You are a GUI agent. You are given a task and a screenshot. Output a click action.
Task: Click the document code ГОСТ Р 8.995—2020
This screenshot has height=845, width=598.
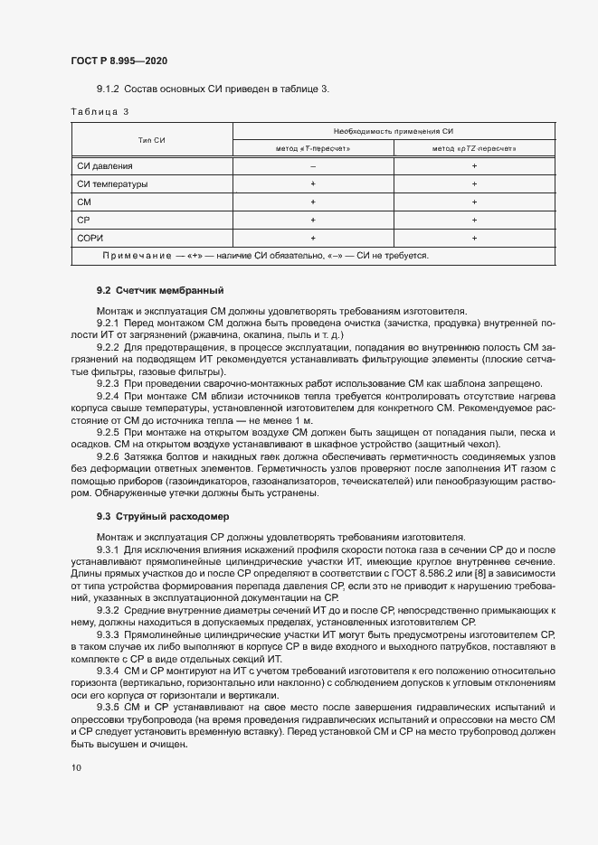pyautogui.click(x=119, y=61)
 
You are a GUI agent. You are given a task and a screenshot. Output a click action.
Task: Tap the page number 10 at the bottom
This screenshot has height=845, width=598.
pyautogui.click(x=75, y=768)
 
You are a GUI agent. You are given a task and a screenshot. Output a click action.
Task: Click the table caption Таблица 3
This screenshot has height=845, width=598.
pyautogui.click(x=100, y=111)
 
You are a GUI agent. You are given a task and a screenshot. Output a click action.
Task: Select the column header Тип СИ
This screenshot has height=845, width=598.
pyautogui.click(x=151, y=139)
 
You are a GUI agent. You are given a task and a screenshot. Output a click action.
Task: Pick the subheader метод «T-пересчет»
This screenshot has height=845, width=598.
pyautogui.click(x=313, y=148)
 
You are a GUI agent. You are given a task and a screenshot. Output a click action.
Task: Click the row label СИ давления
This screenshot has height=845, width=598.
pyautogui.click(x=105, y=166)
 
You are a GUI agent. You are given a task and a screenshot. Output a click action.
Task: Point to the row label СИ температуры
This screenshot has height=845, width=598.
pyautogui.click(x=112, y=183)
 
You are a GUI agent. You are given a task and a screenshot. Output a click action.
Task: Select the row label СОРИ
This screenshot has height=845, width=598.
pyautogui.click(x=92, y=238)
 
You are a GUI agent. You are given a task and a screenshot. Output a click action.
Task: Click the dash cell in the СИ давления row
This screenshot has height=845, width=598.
pyautogui.click(x=313, y=166)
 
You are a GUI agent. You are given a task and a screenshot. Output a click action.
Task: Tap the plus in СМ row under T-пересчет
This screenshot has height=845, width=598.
pyautogui.click(x=313, y=202)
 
